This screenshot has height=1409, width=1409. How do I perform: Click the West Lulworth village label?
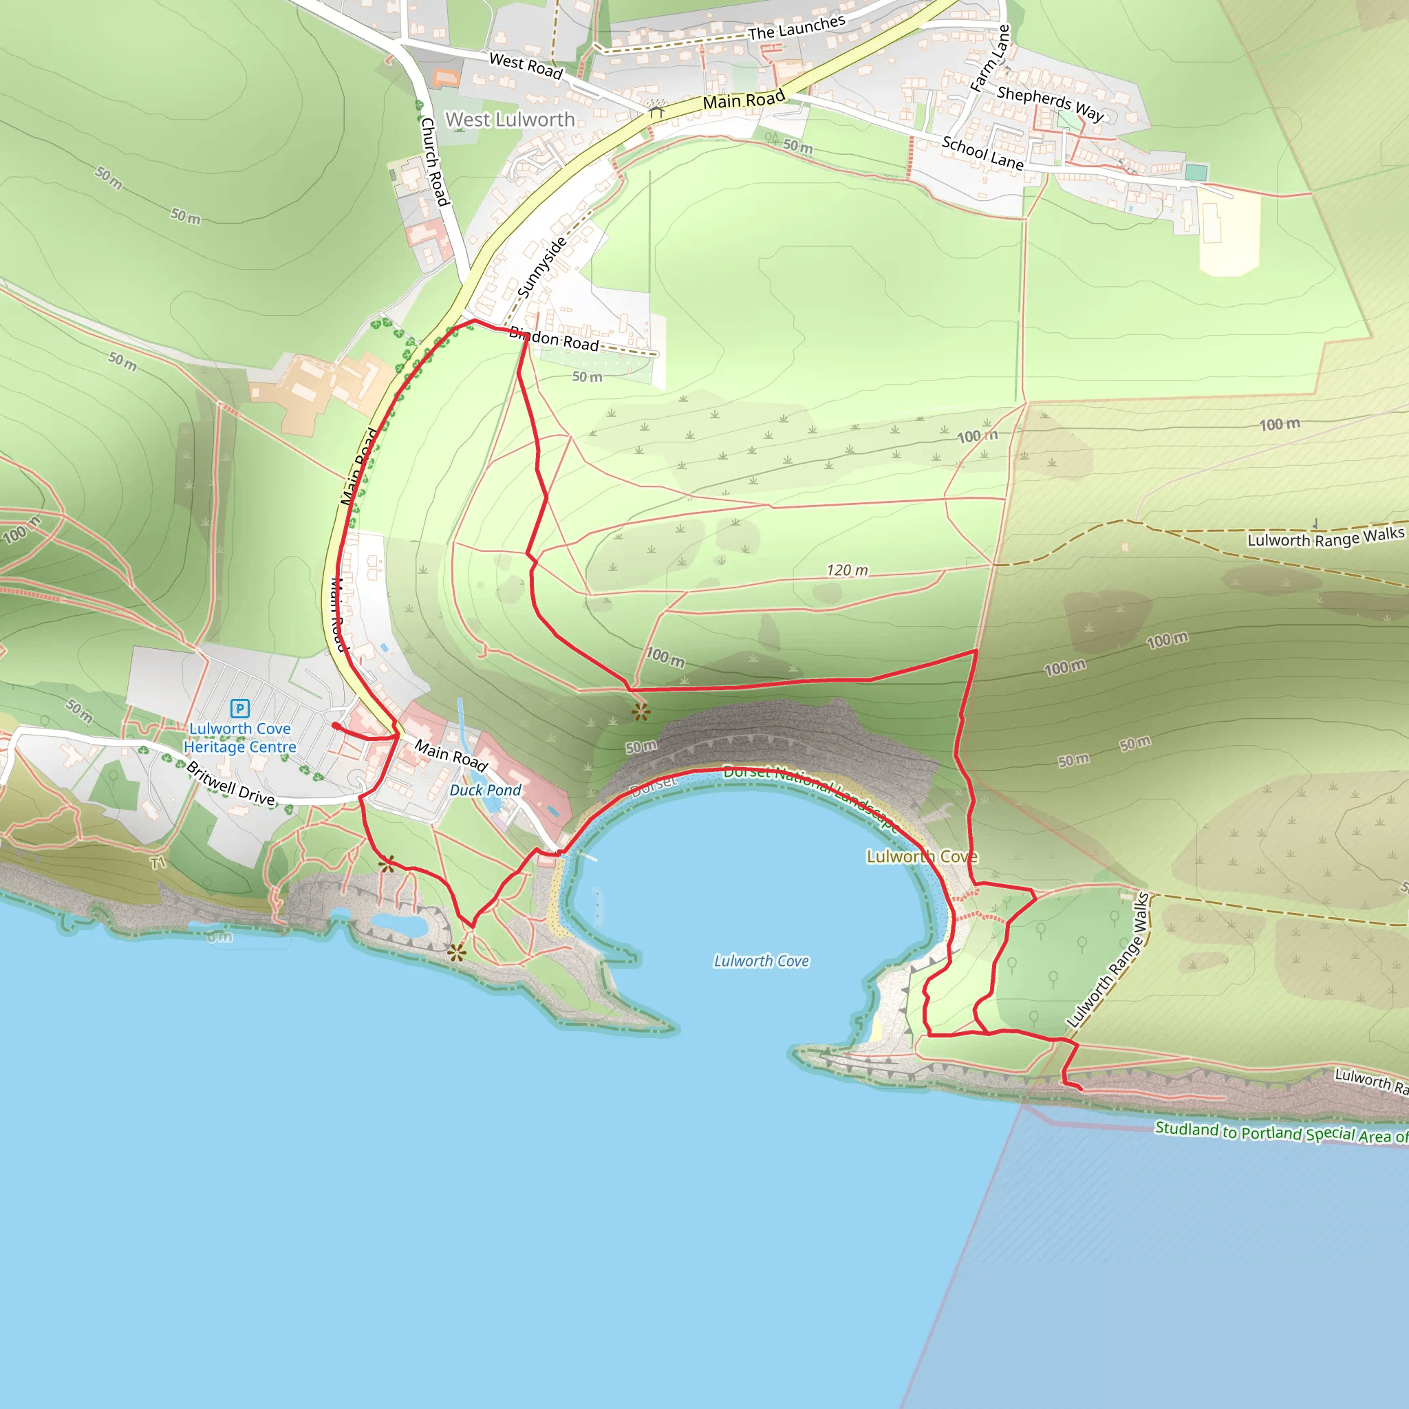pyautogui.click(x=510, y=119)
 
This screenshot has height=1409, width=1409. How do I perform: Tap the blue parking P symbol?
pyautogui.click(x=239, y=708)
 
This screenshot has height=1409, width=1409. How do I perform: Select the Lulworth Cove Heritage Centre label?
pyautogui.click(x=240, y=738)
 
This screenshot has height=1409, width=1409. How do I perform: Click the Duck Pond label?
pyautogui.click(x=485, y=790)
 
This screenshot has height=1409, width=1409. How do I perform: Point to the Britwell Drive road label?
pyautogui.click(x=230, y=783)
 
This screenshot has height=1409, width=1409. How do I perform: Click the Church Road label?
pyautogui.click(x=433, y=161)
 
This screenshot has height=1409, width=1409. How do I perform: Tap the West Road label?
pyautogui.click(x=526, y=65)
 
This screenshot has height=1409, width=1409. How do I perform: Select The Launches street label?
pyautogui.click(x=797, y=28)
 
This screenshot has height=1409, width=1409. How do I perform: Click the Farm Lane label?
pyautogui.click(x=991, y=58)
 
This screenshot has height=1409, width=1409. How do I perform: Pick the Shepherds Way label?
pyautogui.click(x=1050, y=103)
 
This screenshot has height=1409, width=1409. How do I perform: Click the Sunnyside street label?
pyautogui.click(x=542, y=268)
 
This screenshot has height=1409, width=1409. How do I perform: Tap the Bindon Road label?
pyautogui.click(x=555, y=339)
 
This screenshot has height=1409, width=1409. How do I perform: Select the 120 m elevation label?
pyautogui.click(x=847, y=570)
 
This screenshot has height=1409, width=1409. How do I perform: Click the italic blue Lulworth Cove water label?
pyautogui.click(x=762, y=961)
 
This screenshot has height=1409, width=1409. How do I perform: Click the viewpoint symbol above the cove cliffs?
pyautogui.click(x=641, y=712)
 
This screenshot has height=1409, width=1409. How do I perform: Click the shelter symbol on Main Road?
pyautogui.click(x=656, y=110)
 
